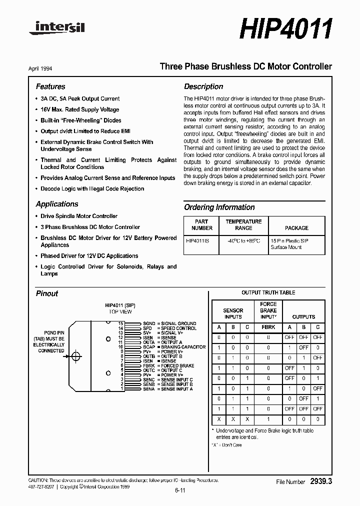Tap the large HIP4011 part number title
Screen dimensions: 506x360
(285, 28)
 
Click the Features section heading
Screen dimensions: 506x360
(50, 86)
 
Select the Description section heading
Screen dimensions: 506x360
(203, 86)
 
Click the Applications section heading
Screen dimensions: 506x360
(57, 204)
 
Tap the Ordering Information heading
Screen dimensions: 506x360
(219, 207)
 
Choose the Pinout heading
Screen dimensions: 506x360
(47, 293)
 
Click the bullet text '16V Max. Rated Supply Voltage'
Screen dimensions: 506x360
(80, 109)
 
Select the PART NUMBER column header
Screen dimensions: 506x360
(202, 224)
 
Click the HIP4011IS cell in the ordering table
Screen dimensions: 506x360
(198, 240)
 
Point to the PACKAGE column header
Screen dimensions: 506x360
(296, 228)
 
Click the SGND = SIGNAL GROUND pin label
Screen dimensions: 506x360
(169, 323)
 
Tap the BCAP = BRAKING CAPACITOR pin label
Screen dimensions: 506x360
(174, 346)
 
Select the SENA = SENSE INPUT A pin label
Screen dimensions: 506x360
(167, 389)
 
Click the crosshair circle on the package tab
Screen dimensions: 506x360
(75, 356)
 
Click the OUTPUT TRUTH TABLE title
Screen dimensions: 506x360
(268, 292)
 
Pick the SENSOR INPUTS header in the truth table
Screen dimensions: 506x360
(233, 313)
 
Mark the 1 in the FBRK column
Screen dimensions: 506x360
(268, 419)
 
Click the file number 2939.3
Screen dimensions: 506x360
(321, 481)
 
